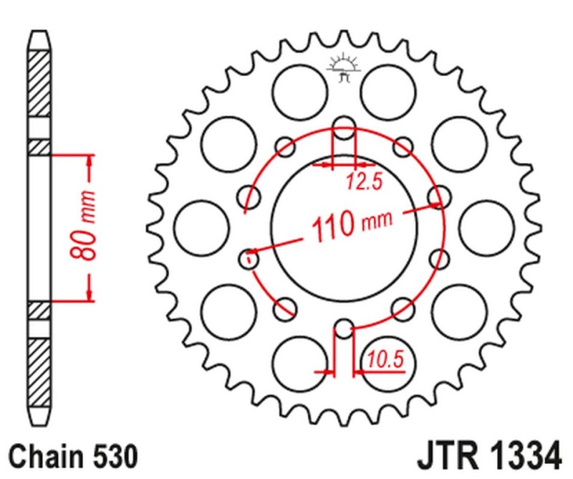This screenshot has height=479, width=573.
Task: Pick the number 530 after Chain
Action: coord(110,455)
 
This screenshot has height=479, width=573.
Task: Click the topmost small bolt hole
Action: coord(344,123)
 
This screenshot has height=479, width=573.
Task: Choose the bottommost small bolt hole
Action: coord(344,329)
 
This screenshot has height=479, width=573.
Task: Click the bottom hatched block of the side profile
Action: coord(40,373)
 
